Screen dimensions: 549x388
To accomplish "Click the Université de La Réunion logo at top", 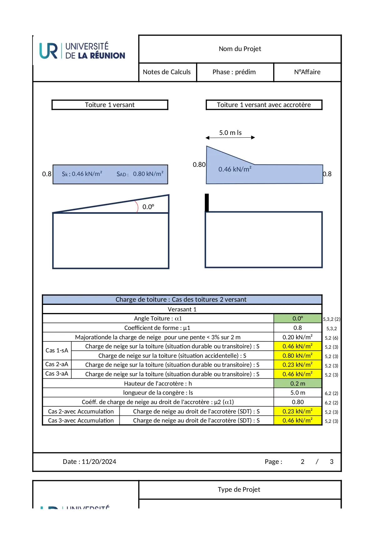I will coord(82,51).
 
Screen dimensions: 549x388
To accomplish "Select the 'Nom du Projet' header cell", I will coord(240,49).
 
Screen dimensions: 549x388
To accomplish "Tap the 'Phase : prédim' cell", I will coord(234,72).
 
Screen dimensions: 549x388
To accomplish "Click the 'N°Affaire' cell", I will coord(307,72).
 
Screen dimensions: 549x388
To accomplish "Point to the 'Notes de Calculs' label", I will coord(167,72).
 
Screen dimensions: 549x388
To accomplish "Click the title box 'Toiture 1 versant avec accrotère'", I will coord(264,105).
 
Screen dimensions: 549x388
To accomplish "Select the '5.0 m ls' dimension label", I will coord(230,133).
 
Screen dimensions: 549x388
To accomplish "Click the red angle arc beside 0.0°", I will coord(137,207).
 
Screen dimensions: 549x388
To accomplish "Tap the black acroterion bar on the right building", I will coord(207,203).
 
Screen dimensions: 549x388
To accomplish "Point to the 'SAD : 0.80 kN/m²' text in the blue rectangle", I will coord(140,174).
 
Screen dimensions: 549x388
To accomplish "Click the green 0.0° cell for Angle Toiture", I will coord(298,318).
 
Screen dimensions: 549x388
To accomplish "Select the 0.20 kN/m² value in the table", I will coord(298,337).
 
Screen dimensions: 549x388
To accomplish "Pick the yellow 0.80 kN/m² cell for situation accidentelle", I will coord(298,356).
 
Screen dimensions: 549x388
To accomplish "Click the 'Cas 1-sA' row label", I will coord(57,351).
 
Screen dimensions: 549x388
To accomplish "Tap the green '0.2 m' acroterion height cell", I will coord(298,383).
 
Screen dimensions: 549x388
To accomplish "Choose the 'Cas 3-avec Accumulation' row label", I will coord(81,420).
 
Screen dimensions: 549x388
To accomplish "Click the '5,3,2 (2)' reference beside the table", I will coord(331,319).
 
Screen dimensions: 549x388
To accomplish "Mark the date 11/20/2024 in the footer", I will coord(99,462).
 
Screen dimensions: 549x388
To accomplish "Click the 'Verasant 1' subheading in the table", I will coord(182,309).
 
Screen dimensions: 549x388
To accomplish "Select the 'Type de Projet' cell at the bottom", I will coord(239,490).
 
